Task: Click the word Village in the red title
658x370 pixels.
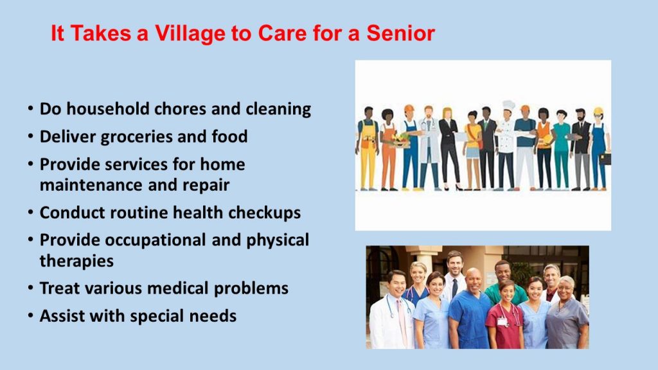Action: pyautogui.click(x=190, y=33)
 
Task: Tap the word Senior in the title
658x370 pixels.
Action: pyautogui.click(x=401, y=33)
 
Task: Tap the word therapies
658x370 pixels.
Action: pyautogui.click(x=77, y=261)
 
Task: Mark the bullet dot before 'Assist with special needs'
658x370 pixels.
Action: pyautogui.click(x=31, y=315)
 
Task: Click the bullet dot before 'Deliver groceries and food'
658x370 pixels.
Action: pyautogui.click(x=31, y=136)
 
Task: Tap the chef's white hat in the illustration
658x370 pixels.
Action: pyautogui.click(x=509, y=105)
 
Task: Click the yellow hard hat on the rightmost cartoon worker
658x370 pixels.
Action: pyautogui.click(x=598, y=111)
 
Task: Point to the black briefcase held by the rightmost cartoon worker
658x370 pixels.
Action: pyautogui.click(x=605, y=159)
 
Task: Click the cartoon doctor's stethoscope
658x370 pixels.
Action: pyautogui.click(x=429, y=125)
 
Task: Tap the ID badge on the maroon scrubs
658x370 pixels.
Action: pyautogui.click(x=502, y=322)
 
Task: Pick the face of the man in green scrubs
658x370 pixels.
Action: pyautogui.click(x=502, y=272)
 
